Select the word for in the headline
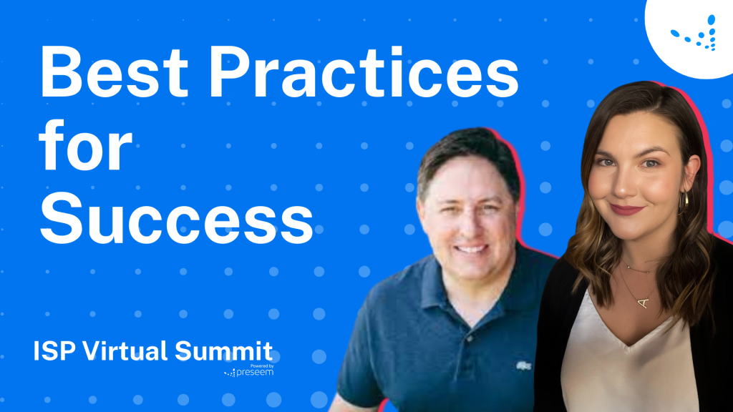pos(86,150)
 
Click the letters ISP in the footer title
pos(54,351)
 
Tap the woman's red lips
pos(626,210)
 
